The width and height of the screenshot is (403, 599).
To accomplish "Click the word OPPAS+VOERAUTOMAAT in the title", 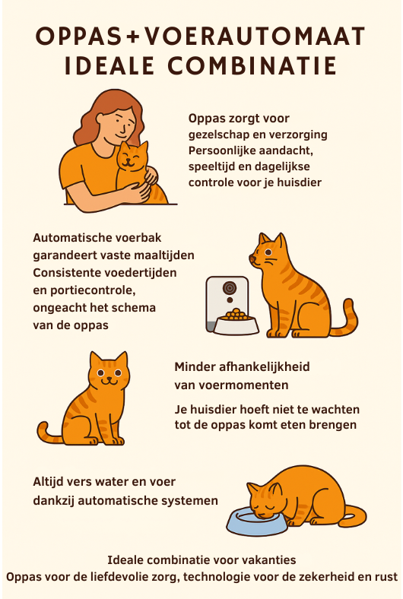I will (201, 36).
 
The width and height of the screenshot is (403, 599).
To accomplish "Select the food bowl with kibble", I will (236, 322).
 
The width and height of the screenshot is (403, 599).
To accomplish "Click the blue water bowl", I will (258, 521).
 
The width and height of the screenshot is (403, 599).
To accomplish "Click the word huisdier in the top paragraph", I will (297, 182).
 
